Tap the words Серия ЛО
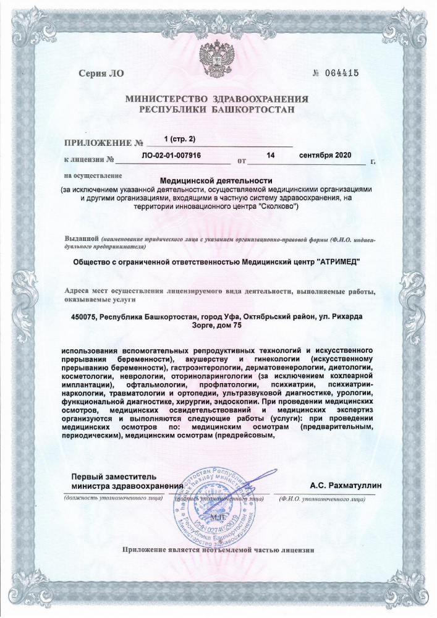(x=101, y=74)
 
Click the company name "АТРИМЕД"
(x=337, y=261)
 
